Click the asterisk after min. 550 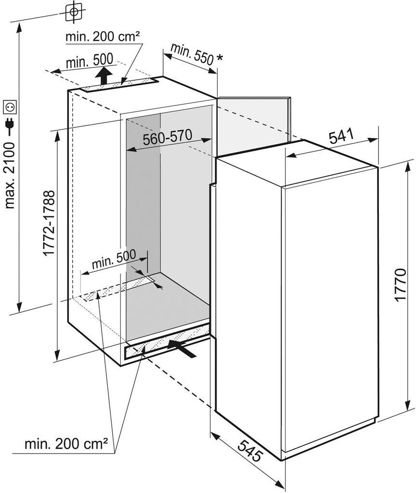(220, 58)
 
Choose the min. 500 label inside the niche (114, 262)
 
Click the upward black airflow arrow (102, 75)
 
